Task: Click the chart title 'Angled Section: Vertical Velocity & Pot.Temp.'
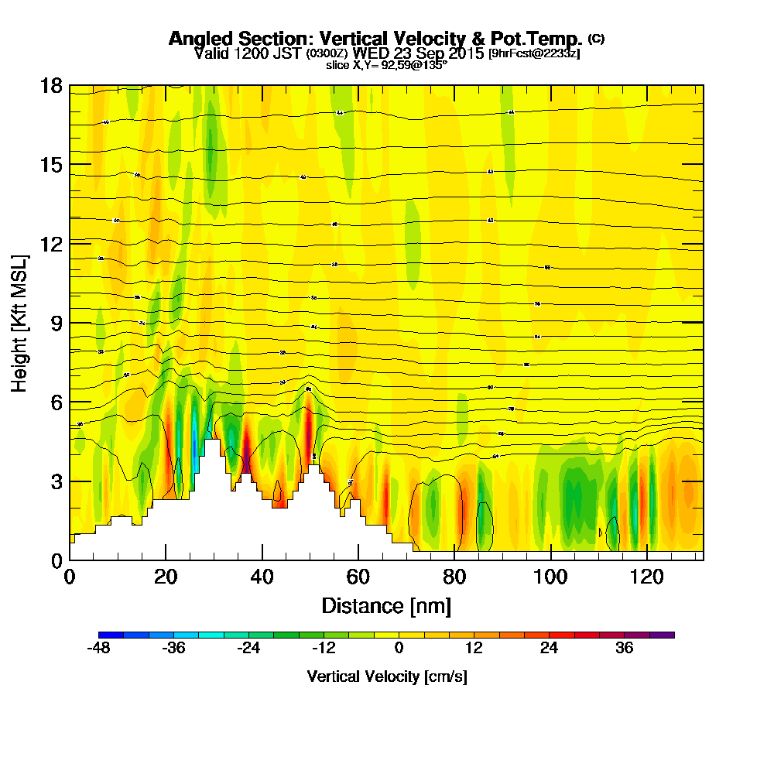[x=375, y=39]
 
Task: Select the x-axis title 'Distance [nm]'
[x=386, y=604]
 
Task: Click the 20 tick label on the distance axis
[x=166, y=577]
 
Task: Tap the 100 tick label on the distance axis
[x=550, y=577]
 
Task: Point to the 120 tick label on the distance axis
[x=646, y=577]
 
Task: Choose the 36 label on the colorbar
[x=625, y=648]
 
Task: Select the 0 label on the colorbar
[x=399, y=648]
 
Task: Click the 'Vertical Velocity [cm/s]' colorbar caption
[x=387, y=676]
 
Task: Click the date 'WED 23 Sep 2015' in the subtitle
[x=419, y=53]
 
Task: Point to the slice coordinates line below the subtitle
[x=387, y=65]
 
